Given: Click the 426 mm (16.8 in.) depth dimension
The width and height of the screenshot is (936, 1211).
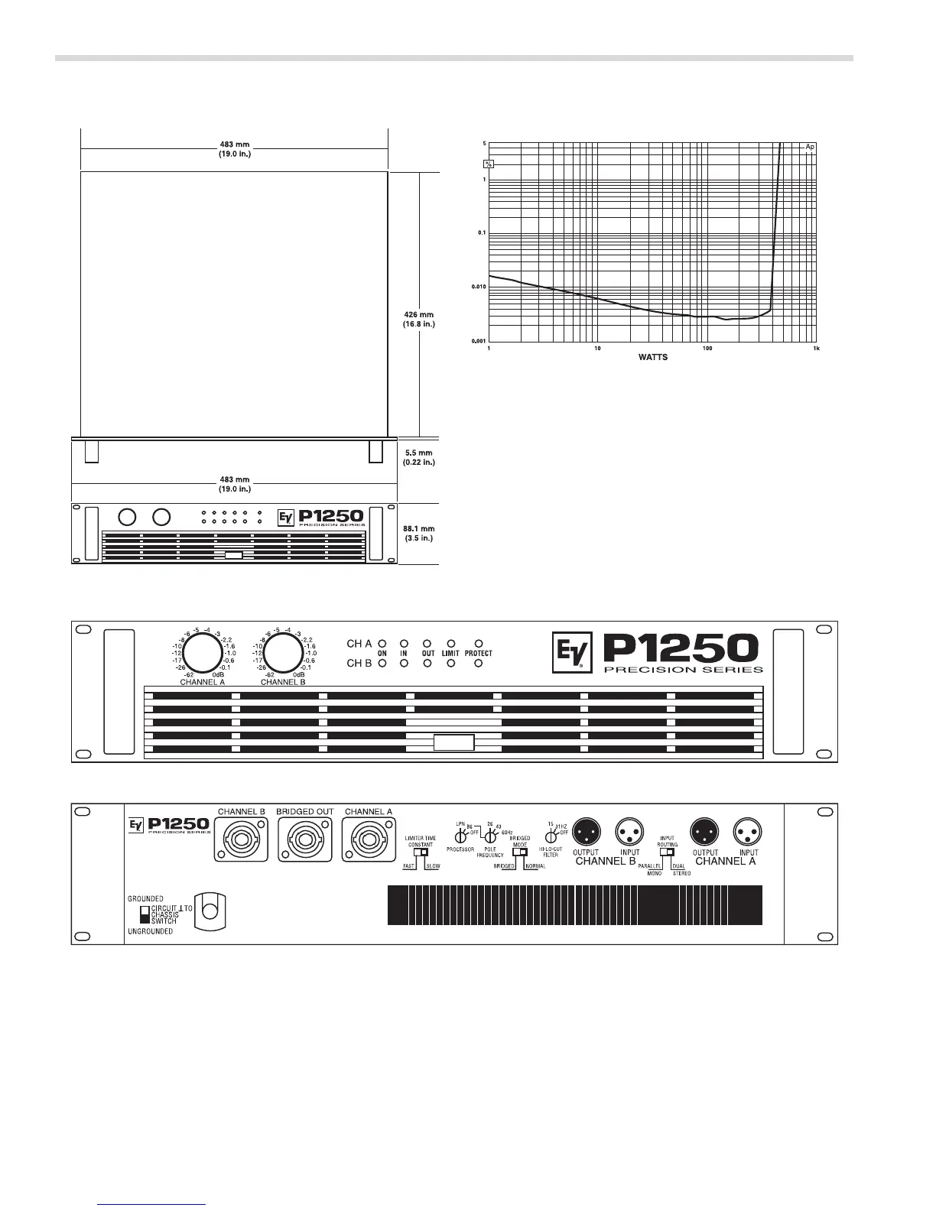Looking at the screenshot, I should (x=419, y=319).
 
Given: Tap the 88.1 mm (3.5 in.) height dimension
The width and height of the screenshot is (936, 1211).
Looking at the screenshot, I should (x=418, y=533).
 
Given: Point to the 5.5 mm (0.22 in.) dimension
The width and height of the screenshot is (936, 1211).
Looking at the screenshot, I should (x=418, y=457).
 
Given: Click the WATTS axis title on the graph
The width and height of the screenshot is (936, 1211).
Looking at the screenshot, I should (x=652, y=357).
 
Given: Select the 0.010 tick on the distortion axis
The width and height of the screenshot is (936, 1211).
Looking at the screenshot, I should (x=478, y=287).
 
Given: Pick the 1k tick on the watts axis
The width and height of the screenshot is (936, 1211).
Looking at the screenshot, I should (x=816, y=349).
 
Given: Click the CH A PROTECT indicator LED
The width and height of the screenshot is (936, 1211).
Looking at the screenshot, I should (x=479, y=644).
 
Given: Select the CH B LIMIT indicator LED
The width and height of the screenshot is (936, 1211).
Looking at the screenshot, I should (x=451, y=663).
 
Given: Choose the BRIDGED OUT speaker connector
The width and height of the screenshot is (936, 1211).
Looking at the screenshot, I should (x=305, y=841).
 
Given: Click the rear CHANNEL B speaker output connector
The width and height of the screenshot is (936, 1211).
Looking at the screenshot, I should (x=242, y=841).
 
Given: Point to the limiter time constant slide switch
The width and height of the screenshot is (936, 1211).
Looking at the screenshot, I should (x=420, y=853).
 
